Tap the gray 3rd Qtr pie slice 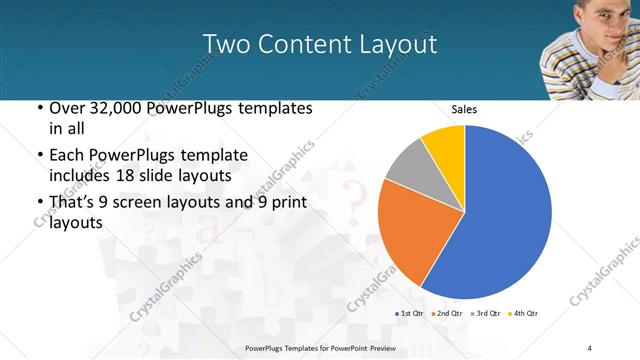(408, 164)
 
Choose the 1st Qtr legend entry (411, 314)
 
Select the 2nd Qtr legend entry (447, 314)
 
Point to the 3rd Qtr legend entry (485, 314)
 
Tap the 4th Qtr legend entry (523, 314)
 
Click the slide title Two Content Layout (319, 44)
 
